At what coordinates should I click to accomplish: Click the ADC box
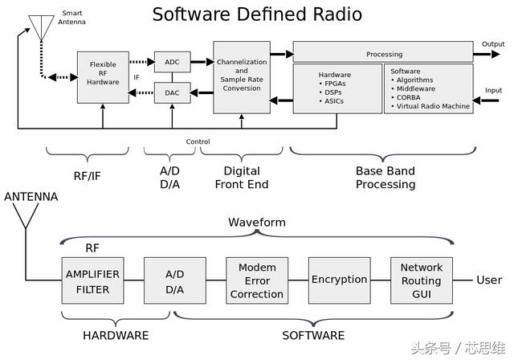point(172,62)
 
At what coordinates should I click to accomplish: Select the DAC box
point(172,93)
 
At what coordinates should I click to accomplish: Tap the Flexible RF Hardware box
point(103,77)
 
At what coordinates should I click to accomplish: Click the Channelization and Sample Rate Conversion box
point(242,77)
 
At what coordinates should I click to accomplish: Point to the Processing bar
point(384,54)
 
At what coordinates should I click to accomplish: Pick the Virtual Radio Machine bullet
point(433,107)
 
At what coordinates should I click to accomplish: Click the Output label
point(493,44)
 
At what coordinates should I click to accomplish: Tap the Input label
point(493,91)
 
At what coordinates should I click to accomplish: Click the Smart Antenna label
point(71,18)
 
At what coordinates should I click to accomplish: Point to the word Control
point(198,142)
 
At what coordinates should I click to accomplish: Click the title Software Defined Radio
point(257,14)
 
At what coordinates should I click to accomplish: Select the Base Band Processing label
point(385,178)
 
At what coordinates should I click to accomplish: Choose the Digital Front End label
point(242,178)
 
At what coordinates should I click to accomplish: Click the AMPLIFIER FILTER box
point(92,280)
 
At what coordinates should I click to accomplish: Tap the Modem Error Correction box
point(257,280)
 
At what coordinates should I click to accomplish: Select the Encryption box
point(339,280)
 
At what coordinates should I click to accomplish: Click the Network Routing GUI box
point(421,280)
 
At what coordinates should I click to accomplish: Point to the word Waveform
point(257,222)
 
